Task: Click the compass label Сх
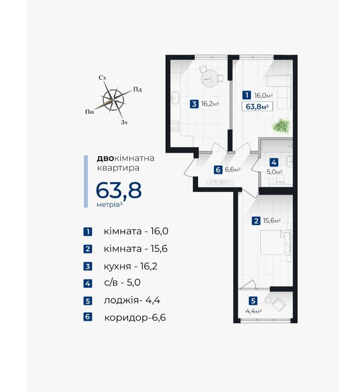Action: tap(102, 77)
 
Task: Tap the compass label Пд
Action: tap(137, 89)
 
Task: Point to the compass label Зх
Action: tap(124, 122)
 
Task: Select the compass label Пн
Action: tap(90, 111)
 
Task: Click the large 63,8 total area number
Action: tap(119, 190)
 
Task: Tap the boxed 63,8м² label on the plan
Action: tap(257, 106)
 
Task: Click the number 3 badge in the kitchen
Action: tap(194, 104)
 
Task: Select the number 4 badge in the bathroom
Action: tap(274, 162)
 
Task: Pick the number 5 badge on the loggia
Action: tap(253, 301)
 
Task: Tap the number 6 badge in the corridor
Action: tap(218, 170)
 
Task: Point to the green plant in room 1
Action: tap(281, 126)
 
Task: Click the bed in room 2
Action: tap(275, 242)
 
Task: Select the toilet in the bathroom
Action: tap(280, 180)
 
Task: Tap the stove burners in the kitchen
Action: tap(175, 126)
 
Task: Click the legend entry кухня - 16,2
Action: tap(130, 266)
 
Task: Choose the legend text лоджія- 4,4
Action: tap(132, 300)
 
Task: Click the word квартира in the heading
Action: tap(118, 168)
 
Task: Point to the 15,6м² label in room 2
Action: tap(272, 221)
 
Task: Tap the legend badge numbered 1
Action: tap(88, 231)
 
